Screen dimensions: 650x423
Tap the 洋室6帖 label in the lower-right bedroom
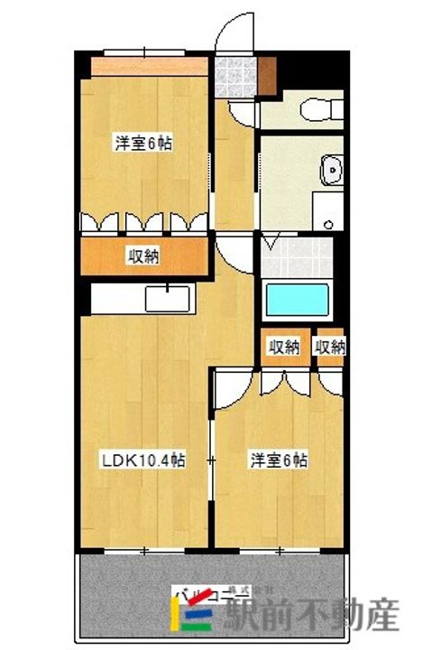tap(279, 460)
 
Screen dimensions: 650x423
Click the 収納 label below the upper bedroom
tap(143, 256)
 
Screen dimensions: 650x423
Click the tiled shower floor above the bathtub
tap(299, 252)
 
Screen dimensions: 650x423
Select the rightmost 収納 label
tap(330, 347)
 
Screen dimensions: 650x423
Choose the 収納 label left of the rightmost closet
tap(284, 347)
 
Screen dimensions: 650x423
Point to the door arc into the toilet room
tap(244, 114)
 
